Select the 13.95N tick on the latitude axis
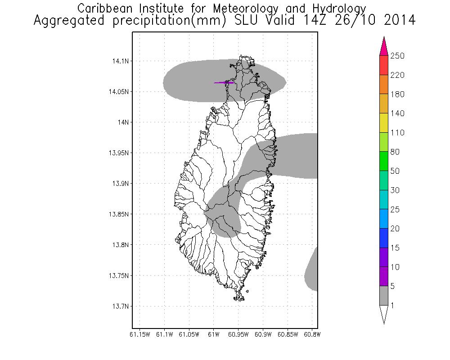click(x=118, y=153)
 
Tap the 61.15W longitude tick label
click(x=140, y=334)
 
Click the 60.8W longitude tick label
click(x=311, y=334)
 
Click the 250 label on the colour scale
click(x=397, y=56)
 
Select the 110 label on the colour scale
click(x=397, y=133)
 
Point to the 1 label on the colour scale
click(x=392, y=306)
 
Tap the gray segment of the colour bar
click(x=384, y=296)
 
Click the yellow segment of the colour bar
click(x=384, y=123)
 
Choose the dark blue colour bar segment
click(x=384, y=238)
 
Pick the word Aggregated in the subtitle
click(x=69, y=21)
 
